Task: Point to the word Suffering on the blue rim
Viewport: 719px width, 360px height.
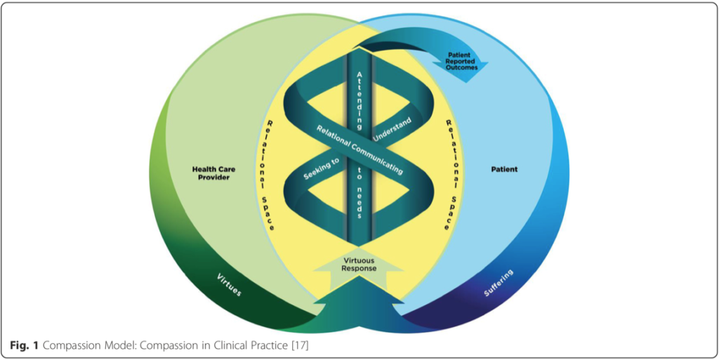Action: pos(499,282)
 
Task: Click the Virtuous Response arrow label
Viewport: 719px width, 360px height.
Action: pos(359,264)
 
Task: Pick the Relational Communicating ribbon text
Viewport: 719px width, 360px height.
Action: pos(359,149)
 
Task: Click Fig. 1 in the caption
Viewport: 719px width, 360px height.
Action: pos(22,345)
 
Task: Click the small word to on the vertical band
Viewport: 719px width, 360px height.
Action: pos(359,178)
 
